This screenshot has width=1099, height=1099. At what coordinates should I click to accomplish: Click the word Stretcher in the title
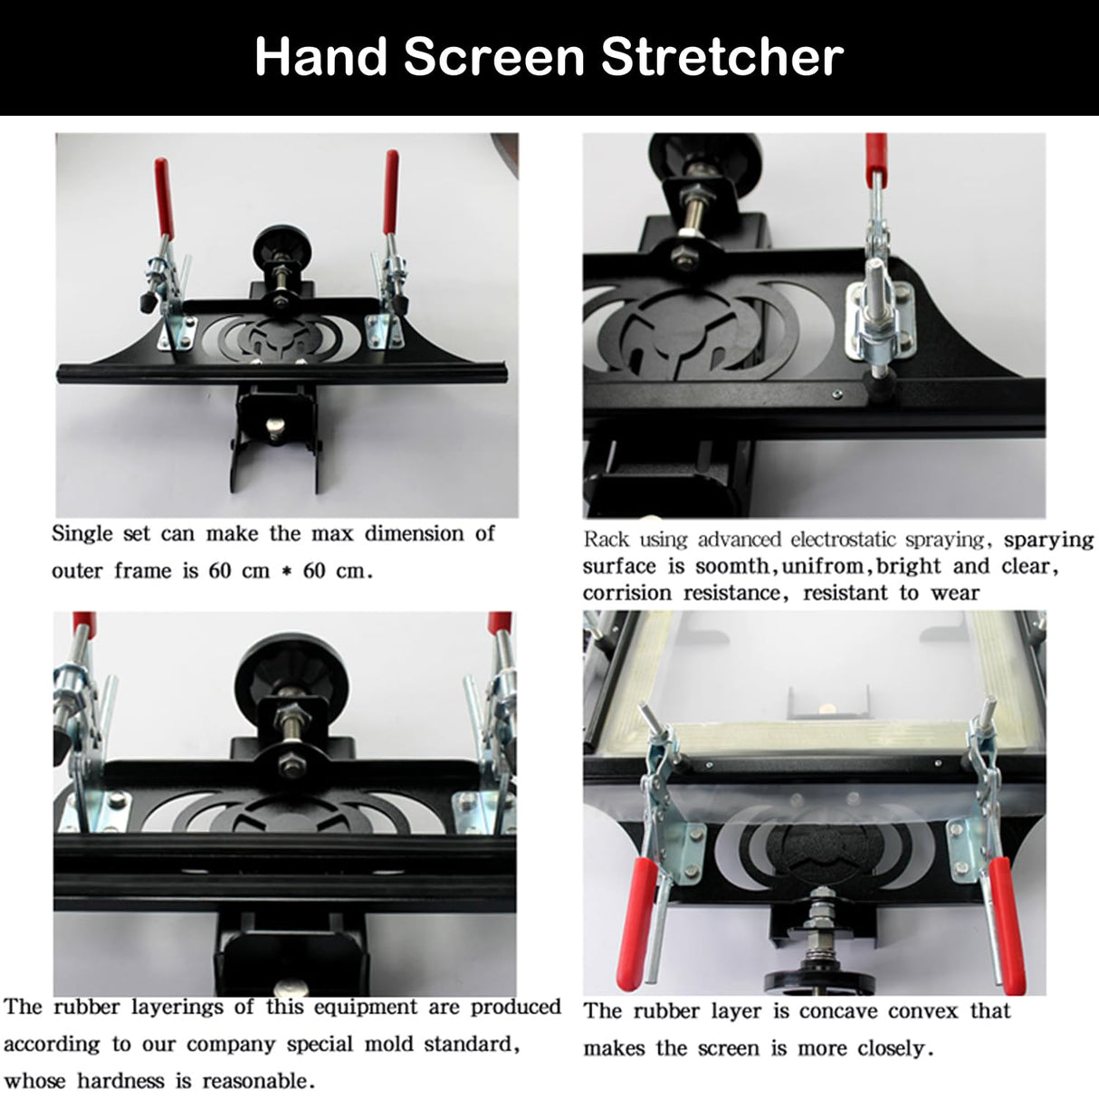722,57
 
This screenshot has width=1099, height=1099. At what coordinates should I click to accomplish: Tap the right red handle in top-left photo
391,192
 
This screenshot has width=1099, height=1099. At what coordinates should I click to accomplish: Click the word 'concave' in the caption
833,1011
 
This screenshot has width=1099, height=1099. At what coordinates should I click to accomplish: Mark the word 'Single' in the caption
81,533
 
